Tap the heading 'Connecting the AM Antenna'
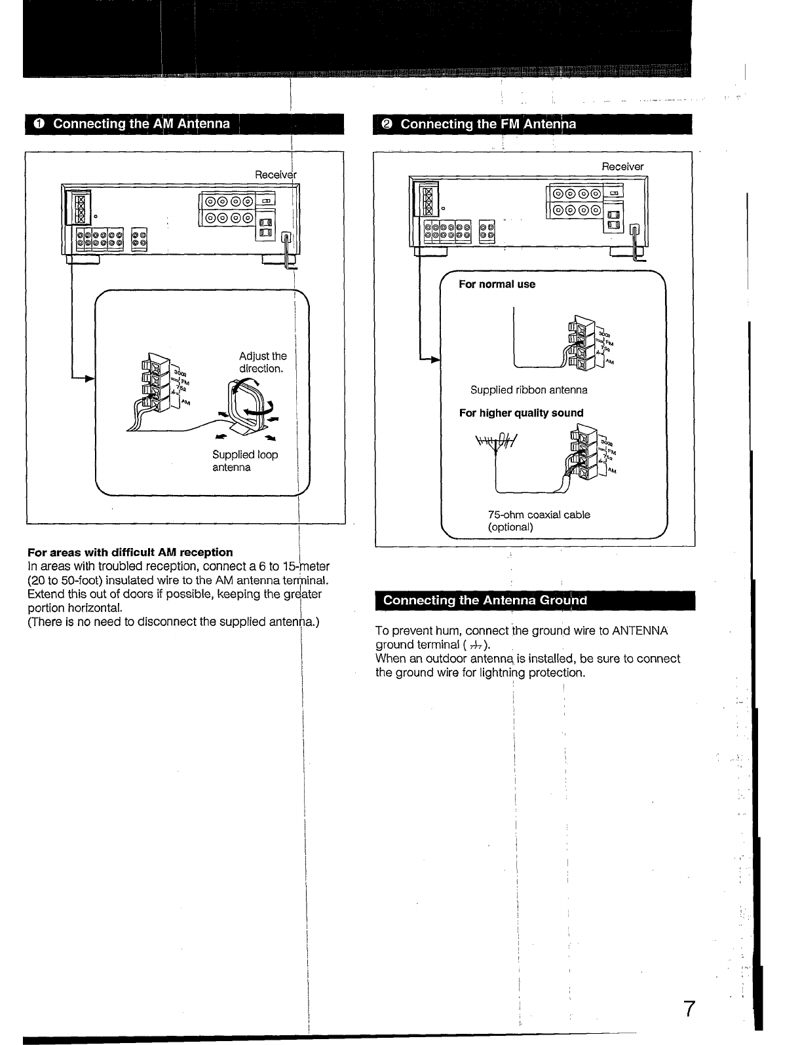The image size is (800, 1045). coord(141,124)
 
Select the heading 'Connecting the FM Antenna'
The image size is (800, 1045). coord(488,124)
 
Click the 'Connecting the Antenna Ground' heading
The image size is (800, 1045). coord(485,600)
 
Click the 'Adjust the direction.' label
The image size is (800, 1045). coord(263,362)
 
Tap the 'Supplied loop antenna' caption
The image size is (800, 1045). coord(244,461)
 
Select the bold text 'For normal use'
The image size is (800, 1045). coord(497,284)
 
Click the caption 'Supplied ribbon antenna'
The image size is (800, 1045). coord(529,390)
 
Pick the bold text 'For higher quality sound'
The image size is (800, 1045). coord(521,412)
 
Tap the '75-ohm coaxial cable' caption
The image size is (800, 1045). coord(539,515)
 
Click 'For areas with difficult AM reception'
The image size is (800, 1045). coord(130,552)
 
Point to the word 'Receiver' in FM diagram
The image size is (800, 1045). coord(622,166)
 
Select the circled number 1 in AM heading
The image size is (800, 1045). coord(39,124)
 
